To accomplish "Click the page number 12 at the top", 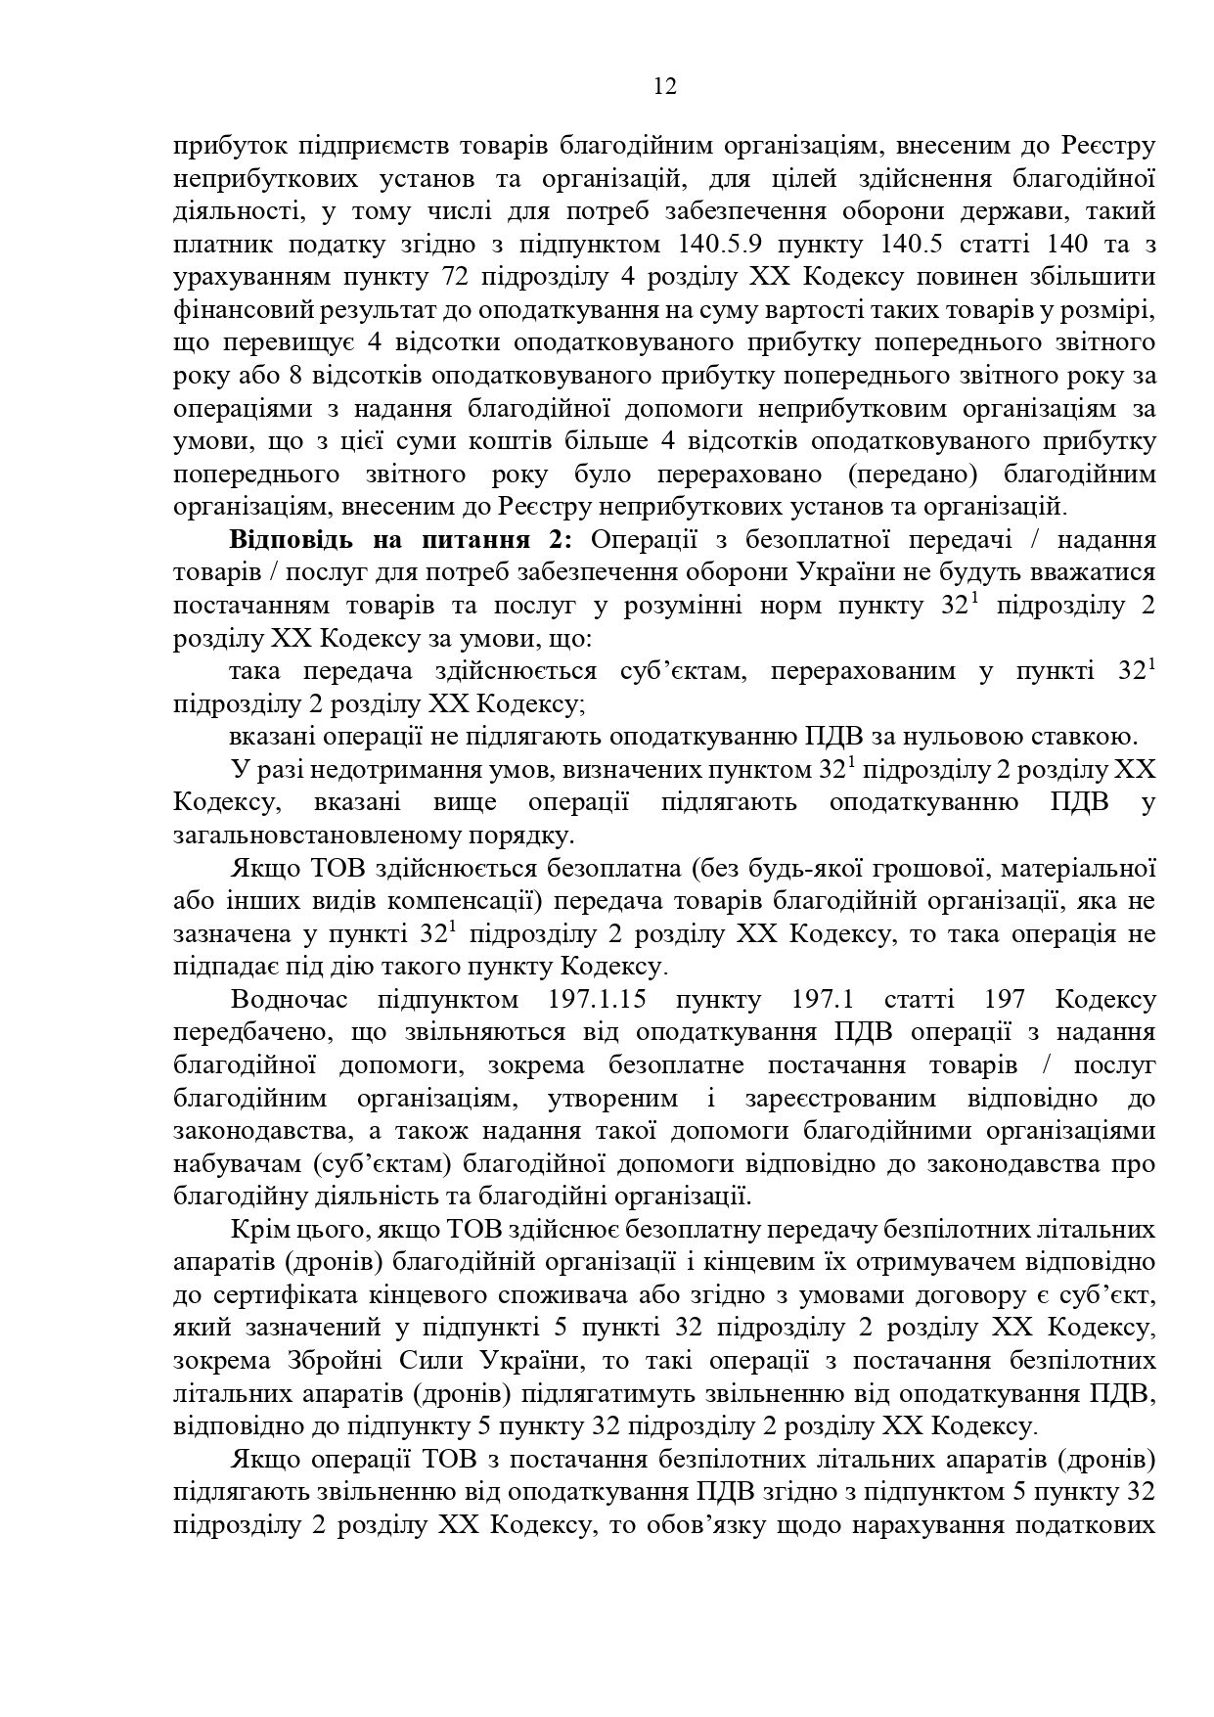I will pyautogui.click(x=664, y=87).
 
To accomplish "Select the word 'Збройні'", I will pyautogui.click(x=326, y=1361).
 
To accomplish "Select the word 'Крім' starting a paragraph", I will pyautogui.click(x=256, y=1229).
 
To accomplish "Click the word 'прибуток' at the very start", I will pyautogui.click(x=221, y=147).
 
